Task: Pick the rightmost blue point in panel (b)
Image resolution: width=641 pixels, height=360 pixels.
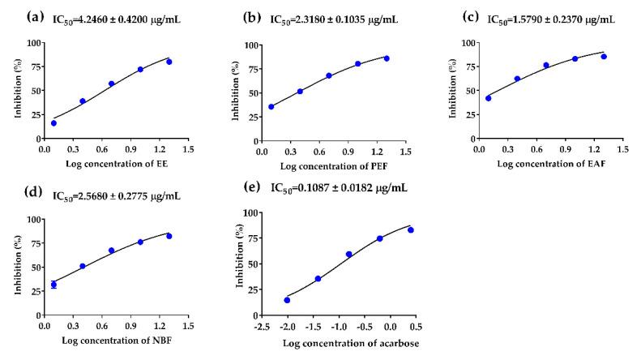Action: coord(387,58)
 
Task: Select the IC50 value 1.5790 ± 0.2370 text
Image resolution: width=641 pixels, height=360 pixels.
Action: coord(553,16)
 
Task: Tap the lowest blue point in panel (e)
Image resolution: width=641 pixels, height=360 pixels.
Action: coord(287,300)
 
